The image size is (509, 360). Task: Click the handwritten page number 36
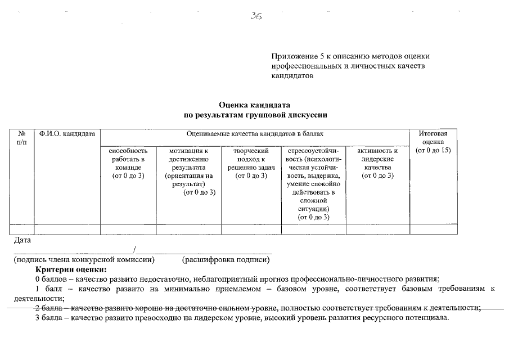(x=256, y=16)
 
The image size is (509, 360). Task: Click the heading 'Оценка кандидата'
(x=254, y=105)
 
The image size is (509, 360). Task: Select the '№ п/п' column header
(x=22, y=138)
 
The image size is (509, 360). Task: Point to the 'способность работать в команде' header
(x=128, y=163)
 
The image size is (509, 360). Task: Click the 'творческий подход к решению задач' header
(x=251, y=163)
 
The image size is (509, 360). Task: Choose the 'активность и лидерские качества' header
(x=377, y=163)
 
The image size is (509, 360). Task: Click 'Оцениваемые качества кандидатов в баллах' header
(x=255, y=134)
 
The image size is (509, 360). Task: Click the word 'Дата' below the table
(x=22, y=241)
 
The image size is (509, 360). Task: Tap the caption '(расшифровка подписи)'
(x=226, y=260)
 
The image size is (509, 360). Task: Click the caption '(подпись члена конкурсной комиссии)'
(x=84, y=260)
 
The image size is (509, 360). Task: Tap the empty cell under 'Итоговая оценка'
(x=433, y=229)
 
